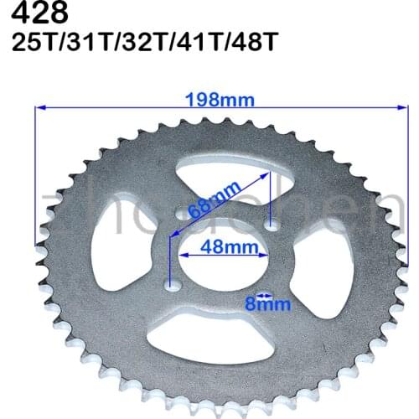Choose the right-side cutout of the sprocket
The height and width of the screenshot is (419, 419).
point(310,268)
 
